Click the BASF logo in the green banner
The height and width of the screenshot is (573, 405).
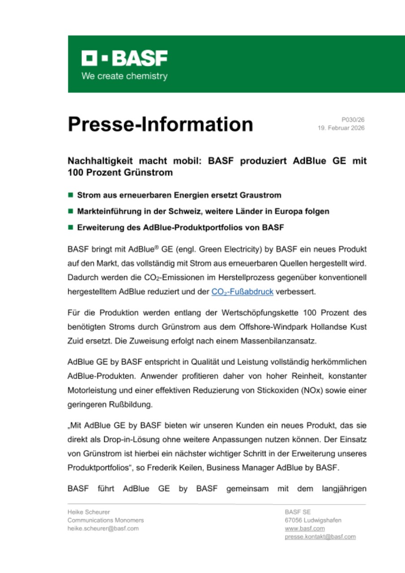tap(124, 58)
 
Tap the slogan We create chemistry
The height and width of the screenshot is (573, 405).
tap(124, 76)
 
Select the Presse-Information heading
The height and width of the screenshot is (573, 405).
tap(160, 124)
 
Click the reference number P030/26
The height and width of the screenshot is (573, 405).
tap(353, 120)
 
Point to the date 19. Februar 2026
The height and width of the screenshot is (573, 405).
tap(341, 128)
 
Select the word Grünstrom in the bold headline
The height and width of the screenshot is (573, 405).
tap(150, 171)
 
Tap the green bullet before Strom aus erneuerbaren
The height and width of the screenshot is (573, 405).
tap(70, 195)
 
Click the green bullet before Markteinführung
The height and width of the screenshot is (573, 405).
tap(70, 211)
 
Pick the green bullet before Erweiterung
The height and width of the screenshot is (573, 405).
tap(70, 227)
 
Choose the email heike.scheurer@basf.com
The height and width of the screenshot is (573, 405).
tap(103, 528)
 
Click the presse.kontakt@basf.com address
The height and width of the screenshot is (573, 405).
tap(320, 537)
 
